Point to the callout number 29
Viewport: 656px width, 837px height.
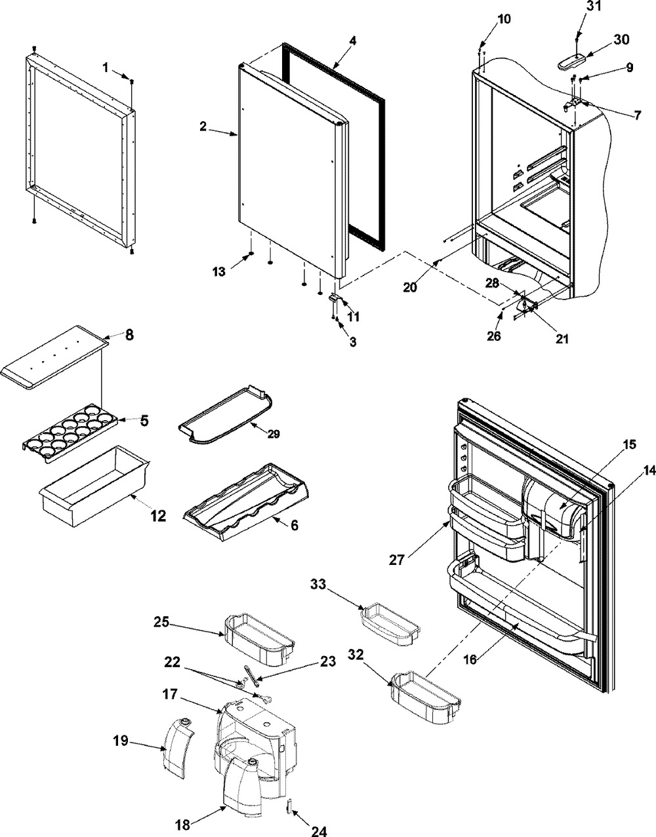click(272, 434)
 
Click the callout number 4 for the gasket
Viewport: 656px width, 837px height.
click(352, 41)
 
